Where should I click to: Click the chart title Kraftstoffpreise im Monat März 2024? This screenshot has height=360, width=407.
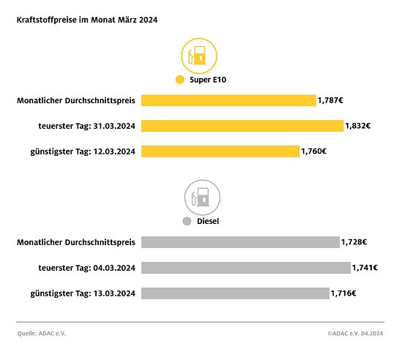pyautogui.click(x=86, y=20)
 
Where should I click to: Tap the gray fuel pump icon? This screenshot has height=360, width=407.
pyautogui.click(x=202, y=197)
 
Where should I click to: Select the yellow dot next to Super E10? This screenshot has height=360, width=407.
pyautogui.click(x=179, y=80)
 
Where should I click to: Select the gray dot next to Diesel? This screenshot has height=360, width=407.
pyautogui.click(x=187, y=220)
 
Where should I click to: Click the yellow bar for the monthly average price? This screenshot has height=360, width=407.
pyautogui.click(x=228, y=100)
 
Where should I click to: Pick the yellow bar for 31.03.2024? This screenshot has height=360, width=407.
pyautogui.click(x=242, y=126)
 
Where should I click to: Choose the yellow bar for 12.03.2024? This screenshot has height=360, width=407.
pyautogui.click(x=220, y=151)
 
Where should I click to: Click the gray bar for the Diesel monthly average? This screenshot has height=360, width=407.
pyautogui.click(x=240, y=241)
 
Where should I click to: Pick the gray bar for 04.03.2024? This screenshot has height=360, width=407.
pyautogui.click(x=246, y=268)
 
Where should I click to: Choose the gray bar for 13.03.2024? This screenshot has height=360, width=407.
pyautogui.click(x=235, y=293)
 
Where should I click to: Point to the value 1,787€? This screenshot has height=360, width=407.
pyautogui.click(x=330, y=100)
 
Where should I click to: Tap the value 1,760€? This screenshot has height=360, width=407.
pyautogui.click(x=314, y=151)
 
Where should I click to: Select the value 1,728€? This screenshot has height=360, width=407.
pyautogui.click(x=354, y=241)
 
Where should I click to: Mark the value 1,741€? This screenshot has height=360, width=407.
pyautogui.click(x=365, y=268)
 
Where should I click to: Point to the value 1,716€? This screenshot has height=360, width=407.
pyautogui.click(x=343, y=293)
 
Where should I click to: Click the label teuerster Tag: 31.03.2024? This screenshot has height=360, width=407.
pyautogui.click(x=87, y=126)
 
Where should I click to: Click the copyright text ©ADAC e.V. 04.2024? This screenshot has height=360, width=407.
pyautogui.click(x=355, y=333)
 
